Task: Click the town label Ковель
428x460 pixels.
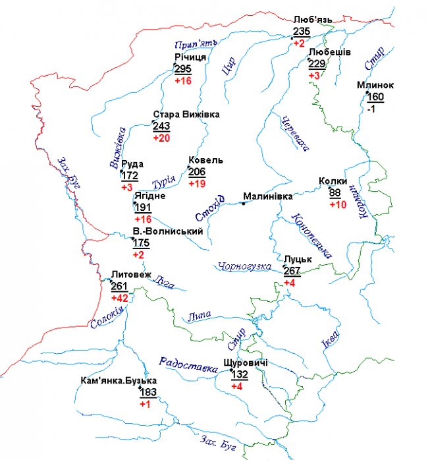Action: [x=205, y=160]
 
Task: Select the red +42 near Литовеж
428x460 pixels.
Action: [x=119, y=298]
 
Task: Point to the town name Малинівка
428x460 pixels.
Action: [x=267, y=196]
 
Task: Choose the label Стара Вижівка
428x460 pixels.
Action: [x=186, y=115]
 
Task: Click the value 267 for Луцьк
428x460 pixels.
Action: [x=292, y=271]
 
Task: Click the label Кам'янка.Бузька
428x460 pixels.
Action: [x=119, y=382]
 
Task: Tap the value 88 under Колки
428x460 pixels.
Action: [x=335, y=192]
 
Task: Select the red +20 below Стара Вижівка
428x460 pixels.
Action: [x=161, y=138]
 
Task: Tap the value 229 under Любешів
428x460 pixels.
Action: [x=317, y=63]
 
